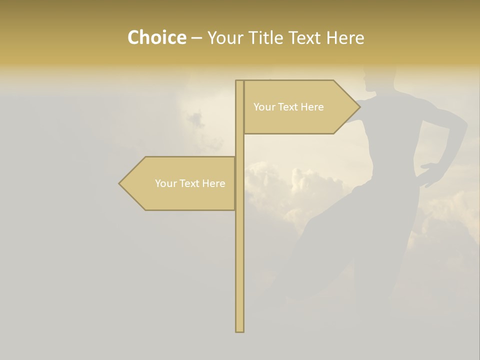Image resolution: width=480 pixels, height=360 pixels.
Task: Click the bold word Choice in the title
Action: pyautogui.click(x=156, y=37)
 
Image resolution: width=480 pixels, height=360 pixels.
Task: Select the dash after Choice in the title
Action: pyautogui.click(x=196, y=38)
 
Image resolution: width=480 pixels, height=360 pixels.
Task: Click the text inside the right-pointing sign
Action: pyautogui.click(x=288, y=107)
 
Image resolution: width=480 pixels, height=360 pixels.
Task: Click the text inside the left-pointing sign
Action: pyautogui.click(x=190, y=183)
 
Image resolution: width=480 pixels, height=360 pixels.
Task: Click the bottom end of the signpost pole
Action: pyautogui.click(x=239, y=330)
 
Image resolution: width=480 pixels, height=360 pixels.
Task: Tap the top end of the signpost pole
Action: pyautogui.click(x=239, y=81)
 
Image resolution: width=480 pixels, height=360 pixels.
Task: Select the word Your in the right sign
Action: pyautogui.click(x=263, y=107)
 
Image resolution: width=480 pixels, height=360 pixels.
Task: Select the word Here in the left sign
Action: pyautogui.click(x=213, y=183)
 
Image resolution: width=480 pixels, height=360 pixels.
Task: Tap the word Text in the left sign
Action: pyautogui.click(x=188, y=183)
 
